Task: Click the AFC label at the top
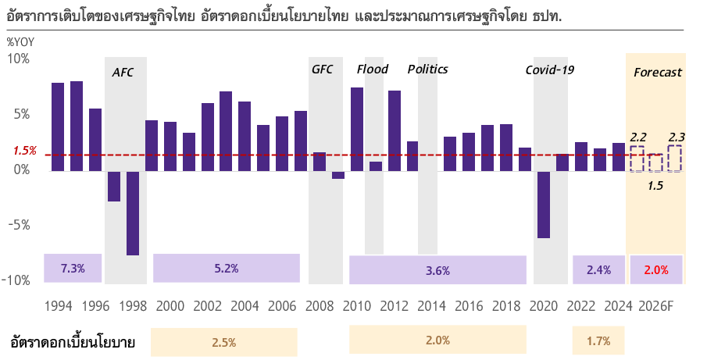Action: point(123,72)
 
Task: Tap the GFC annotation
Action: point(322,69)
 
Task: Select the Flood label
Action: point(372,69)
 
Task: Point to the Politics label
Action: point(427,69)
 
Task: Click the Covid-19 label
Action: point(549,70)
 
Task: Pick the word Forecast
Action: point(657,72)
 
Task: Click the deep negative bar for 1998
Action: point(133,212)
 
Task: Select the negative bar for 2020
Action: point(544,204)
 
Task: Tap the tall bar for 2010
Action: point(357,129)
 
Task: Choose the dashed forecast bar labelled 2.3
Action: point(675,159)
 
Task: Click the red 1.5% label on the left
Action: point(25,150)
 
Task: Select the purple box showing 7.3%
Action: point(73,269)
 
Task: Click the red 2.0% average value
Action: point(655,269)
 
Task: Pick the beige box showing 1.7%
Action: point(598,341)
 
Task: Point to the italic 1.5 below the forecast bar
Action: point(655,185)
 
